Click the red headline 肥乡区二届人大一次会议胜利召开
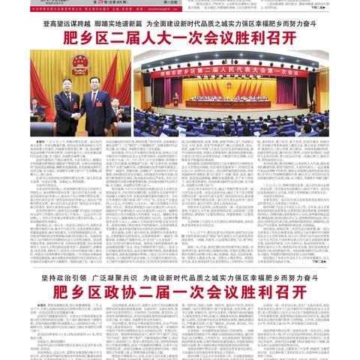point(180,37)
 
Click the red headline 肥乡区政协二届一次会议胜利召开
point(180,291)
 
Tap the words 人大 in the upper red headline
point(160,37)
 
